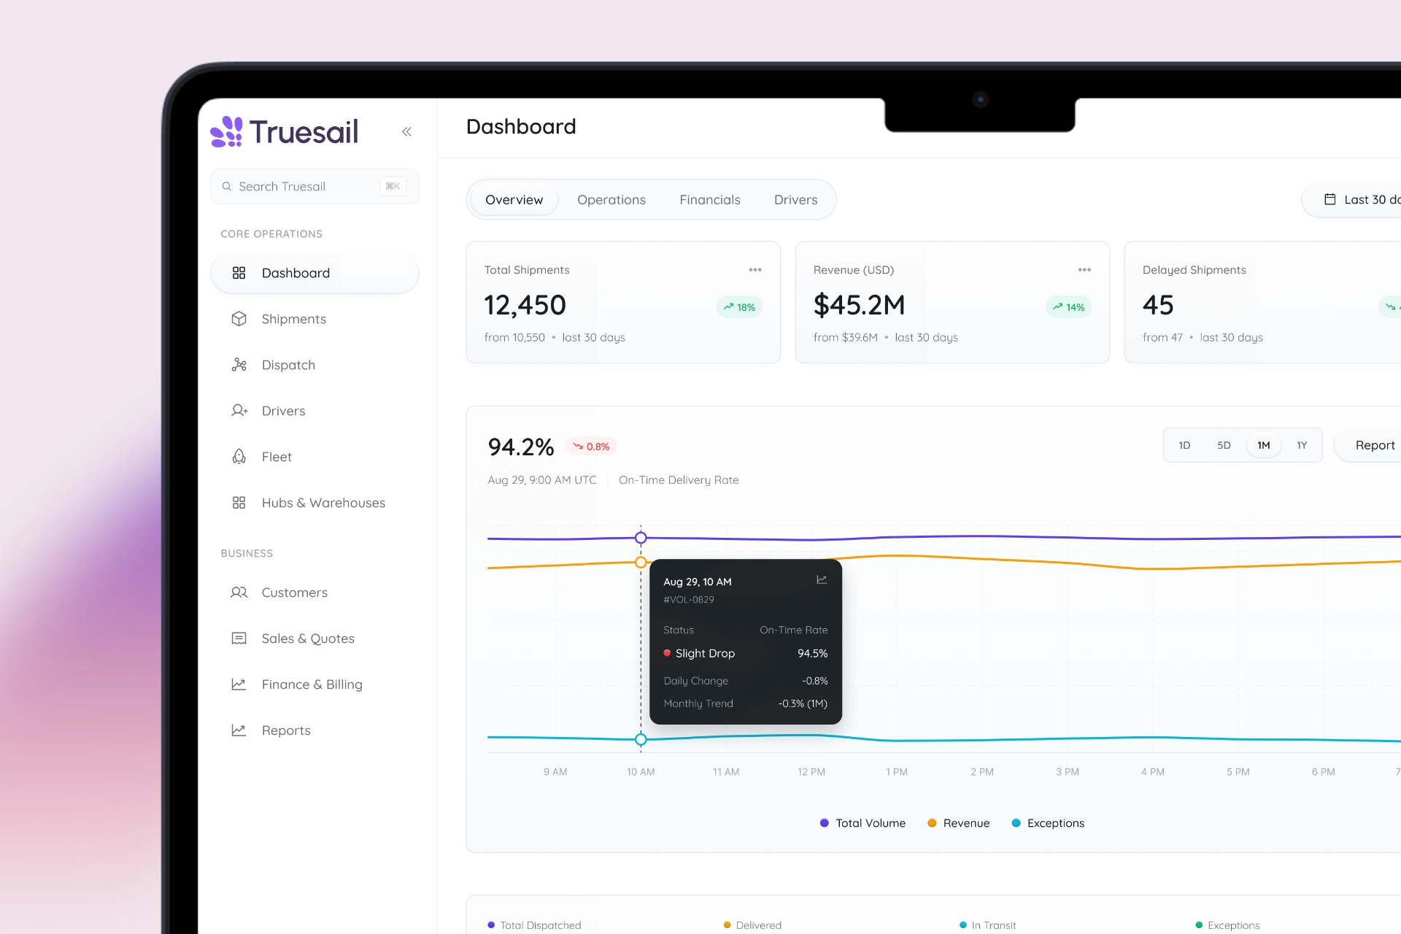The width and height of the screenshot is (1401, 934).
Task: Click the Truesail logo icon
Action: tap(226, 132)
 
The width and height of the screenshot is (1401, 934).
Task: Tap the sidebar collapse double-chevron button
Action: tap(407, 132)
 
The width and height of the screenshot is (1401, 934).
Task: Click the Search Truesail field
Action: tap(314, 187)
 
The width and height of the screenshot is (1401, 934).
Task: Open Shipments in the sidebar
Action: tap(293, 319)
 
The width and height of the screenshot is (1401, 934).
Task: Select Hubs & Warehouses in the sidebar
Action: tap(323, 503)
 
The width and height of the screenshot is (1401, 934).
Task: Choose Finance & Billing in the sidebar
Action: tap(312, 684)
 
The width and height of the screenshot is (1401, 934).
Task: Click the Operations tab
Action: tap(611, 200)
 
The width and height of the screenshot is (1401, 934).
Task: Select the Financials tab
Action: tap(710, 200)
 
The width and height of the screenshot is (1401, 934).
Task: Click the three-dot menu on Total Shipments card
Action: tap(755, 270)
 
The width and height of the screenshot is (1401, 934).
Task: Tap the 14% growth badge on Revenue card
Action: tap(1069, 307)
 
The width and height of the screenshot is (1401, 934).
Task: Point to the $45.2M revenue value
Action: tap(860, 305)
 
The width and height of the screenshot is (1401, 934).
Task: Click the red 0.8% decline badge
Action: tap(592, 447)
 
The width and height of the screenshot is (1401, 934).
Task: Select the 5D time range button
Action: tap(1224, 445)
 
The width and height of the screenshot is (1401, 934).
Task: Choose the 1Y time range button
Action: tap(1302, 445)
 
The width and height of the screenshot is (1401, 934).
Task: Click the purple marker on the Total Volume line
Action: tap(641, 538)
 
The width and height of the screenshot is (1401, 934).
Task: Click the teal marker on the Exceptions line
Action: tap(641, 739)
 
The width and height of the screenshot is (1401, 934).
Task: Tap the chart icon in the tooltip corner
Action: tap(822, 579)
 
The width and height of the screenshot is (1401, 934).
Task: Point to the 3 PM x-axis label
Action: tap(1068, 772)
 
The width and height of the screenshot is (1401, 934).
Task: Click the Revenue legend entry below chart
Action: tap(959, 823)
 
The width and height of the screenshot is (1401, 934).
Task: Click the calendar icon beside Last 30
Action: tap(1330, 199)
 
